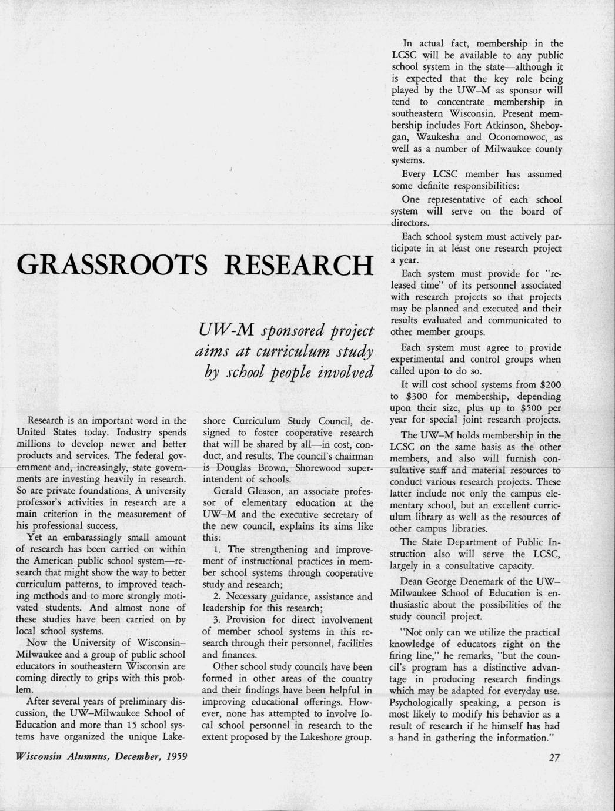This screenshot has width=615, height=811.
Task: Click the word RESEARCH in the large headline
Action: tap(298, 266)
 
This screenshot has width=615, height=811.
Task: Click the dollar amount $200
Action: tap(550, 384)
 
